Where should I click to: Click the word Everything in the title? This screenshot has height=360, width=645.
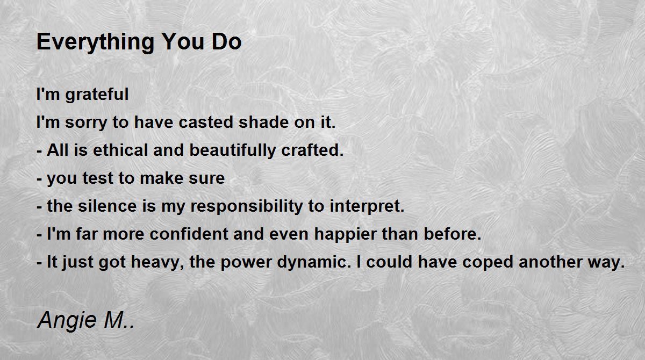pos(96,42)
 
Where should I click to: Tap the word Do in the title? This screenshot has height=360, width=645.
pos(227,42)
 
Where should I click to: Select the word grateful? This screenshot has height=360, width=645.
pos(97,95)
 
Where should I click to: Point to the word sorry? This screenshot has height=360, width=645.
pos(86,123)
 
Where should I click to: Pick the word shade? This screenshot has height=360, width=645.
pos(264,122)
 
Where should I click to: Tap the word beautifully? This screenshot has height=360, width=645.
pos(233,150)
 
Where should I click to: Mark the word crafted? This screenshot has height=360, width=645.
pos(312,150)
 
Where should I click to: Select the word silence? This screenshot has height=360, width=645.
pos(107,206)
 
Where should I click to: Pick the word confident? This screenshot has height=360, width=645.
pos(189,234)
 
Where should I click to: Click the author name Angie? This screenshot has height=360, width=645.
pos(67,321)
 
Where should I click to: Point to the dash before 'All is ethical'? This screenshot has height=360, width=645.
pos(39,151)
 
